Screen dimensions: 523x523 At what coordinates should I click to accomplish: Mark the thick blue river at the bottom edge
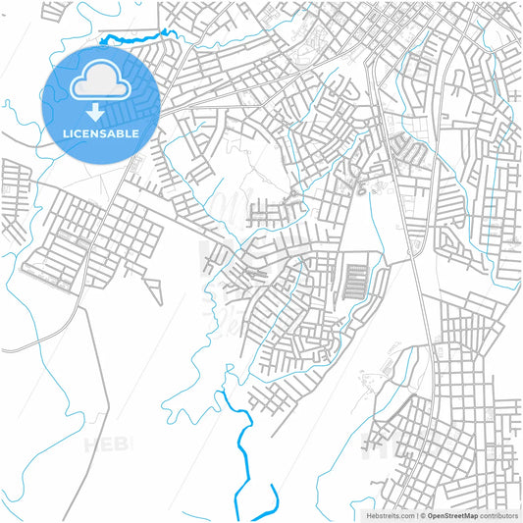coord(241,491)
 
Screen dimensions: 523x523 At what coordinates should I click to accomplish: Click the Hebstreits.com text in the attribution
coord(390,514)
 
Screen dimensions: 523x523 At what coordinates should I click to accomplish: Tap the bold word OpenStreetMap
coord(450,514)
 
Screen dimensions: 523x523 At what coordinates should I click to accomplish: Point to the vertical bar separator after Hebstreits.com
coord(415,514)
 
